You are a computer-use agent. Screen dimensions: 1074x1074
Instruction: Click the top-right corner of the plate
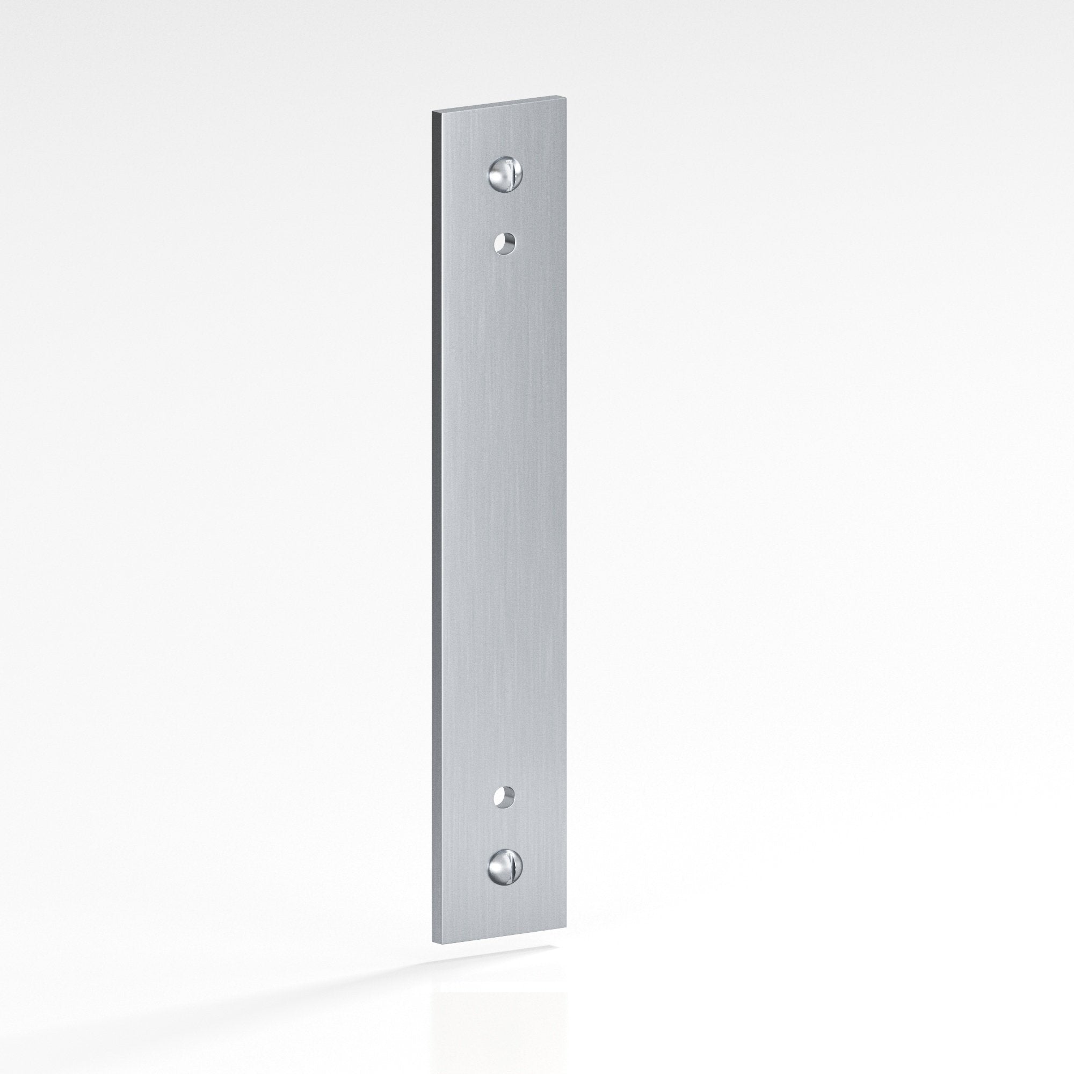pos(566,98)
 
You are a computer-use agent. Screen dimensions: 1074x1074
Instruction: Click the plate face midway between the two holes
pos(504,520)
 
